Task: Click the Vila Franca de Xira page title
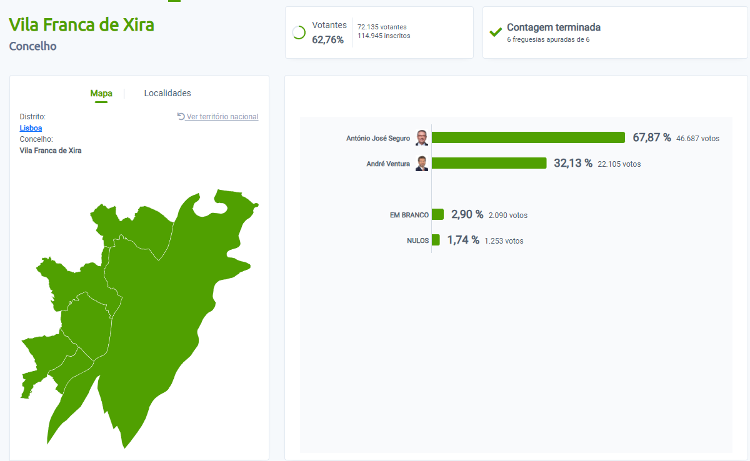81,25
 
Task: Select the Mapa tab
101,93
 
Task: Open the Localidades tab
167,93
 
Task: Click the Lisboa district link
31,128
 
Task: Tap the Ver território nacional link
222,117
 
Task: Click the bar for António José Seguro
528,137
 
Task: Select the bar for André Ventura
489,163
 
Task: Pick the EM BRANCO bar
437,214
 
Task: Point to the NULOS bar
436,240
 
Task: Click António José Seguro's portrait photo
422,137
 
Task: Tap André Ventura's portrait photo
422,164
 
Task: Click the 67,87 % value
652,137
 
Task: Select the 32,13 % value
573,163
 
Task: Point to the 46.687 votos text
697,138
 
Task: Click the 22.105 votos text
619,164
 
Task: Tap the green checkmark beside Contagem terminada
496,32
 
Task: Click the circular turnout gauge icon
299,32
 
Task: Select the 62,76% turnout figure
328,40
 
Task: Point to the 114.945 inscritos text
384,36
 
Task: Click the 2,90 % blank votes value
467,214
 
